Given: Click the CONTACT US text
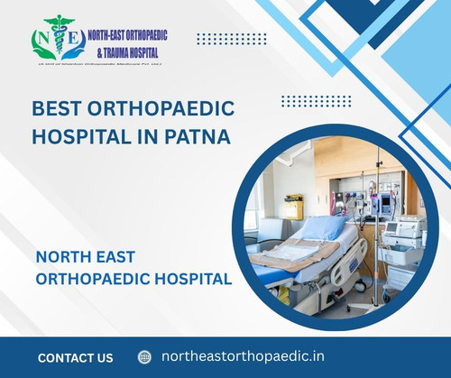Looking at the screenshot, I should (x=76, y=357).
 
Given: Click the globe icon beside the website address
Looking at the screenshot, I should (x=144, y=357).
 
